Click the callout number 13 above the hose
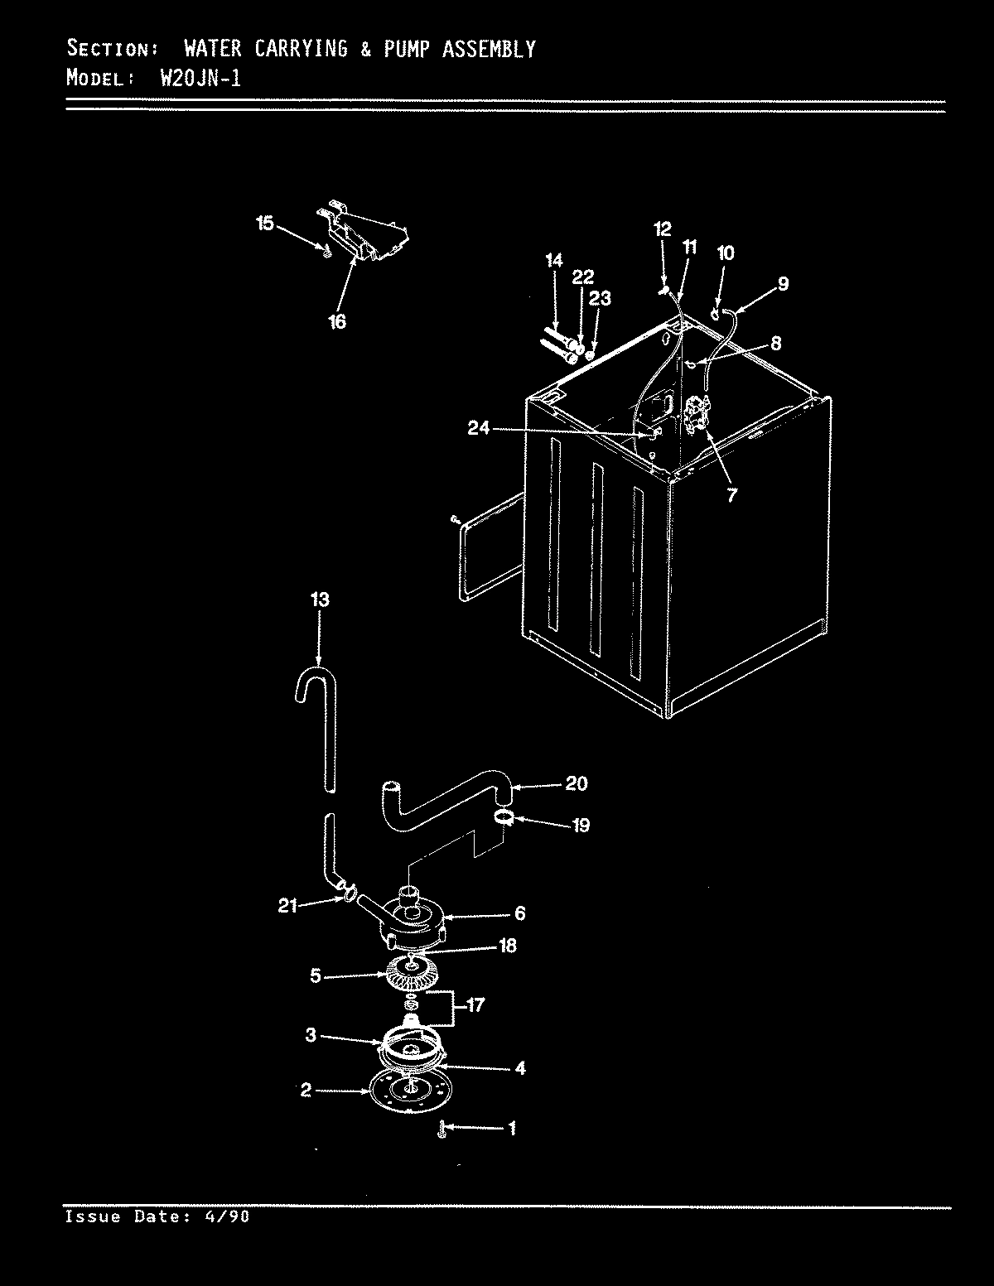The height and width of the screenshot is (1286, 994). pos(320,599)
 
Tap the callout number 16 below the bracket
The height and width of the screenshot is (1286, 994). pos(337,322)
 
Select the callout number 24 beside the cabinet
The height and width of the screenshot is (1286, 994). pos(479,428)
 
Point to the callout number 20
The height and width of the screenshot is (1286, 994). pos(577,783)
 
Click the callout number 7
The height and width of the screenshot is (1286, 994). pos(731,495)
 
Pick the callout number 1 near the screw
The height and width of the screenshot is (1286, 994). pos(512,1128)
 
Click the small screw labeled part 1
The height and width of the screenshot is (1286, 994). pos(443,1129)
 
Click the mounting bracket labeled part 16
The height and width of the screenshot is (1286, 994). pos(364,236)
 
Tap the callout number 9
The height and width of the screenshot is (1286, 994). pos(782,284)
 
